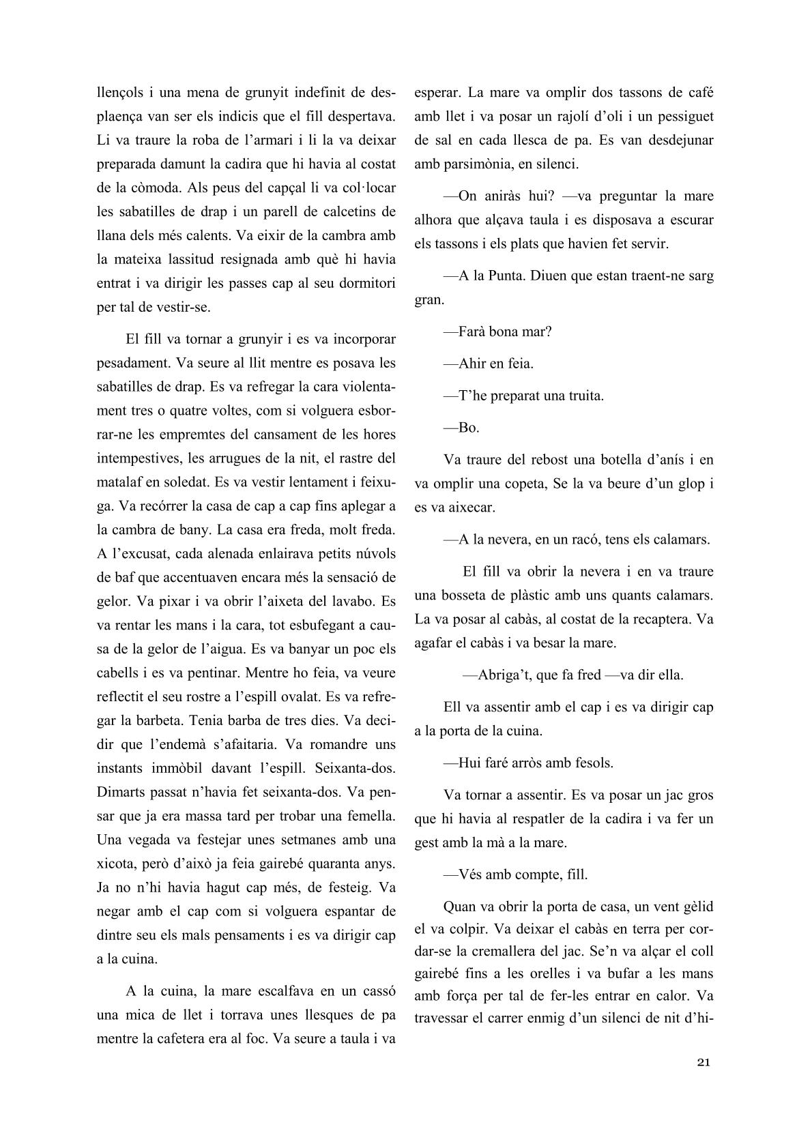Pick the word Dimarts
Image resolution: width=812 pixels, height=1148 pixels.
[x=120, y=792]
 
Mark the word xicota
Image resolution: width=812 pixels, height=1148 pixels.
[x=116, y=864]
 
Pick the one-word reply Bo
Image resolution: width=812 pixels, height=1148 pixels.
[x=469, y=428]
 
